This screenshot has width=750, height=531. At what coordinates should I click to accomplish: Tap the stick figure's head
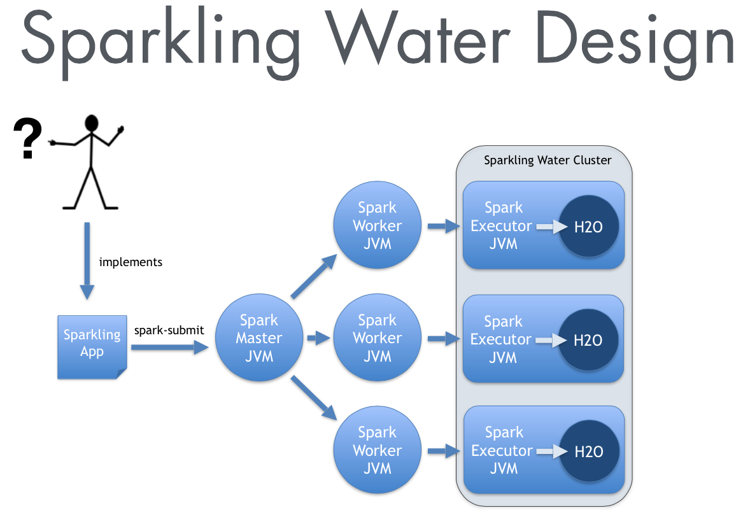point(93,123)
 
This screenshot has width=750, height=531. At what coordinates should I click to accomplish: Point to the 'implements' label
point(131,262)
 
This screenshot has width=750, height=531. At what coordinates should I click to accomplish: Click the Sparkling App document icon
point(92,346)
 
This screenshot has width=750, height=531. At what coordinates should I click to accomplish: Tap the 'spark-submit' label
point(169,330)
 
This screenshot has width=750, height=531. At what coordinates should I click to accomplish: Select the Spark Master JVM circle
point(259,338)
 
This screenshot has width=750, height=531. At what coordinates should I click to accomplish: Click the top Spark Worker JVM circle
point(377,225)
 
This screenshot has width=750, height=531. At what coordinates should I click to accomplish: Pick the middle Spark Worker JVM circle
point(377,338)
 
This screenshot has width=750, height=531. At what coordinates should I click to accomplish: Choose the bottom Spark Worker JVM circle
point(377,450)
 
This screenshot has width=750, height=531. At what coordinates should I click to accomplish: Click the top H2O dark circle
point(588,227)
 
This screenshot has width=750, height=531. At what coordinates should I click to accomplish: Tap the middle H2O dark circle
point(588,340)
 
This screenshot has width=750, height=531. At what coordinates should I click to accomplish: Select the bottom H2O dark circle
point(588,452)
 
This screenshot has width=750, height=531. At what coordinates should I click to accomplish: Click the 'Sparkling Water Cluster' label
point(548,160)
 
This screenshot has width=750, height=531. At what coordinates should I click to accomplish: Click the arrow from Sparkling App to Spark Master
point(170,348)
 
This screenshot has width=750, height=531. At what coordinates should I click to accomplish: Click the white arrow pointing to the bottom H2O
point(551,451)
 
